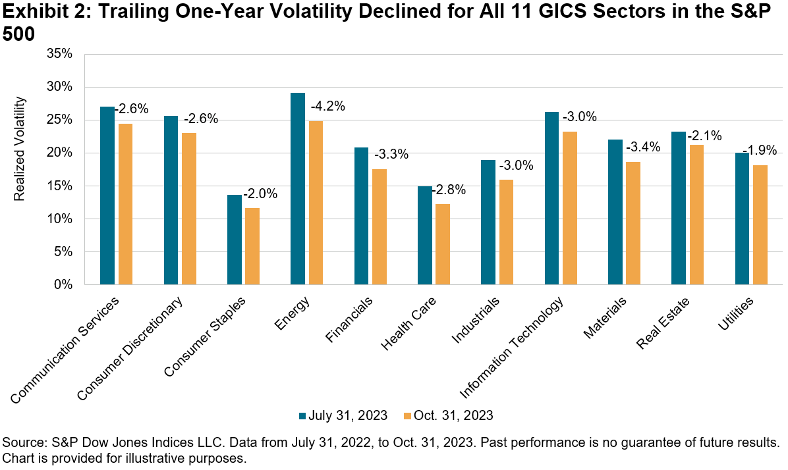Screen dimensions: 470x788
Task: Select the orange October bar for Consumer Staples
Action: pos(251,246)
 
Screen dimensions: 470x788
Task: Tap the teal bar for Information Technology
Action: pos(551,198)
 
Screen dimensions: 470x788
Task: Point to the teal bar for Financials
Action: pos(361,216)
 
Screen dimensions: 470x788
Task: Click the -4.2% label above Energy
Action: pos(329,106)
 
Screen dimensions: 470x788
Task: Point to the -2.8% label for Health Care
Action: pos(451,190)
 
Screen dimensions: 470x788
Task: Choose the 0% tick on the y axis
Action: pos(63,285)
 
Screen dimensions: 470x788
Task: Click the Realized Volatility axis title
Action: pos(20,149)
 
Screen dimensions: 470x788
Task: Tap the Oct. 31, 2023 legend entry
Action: pos(448,415)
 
